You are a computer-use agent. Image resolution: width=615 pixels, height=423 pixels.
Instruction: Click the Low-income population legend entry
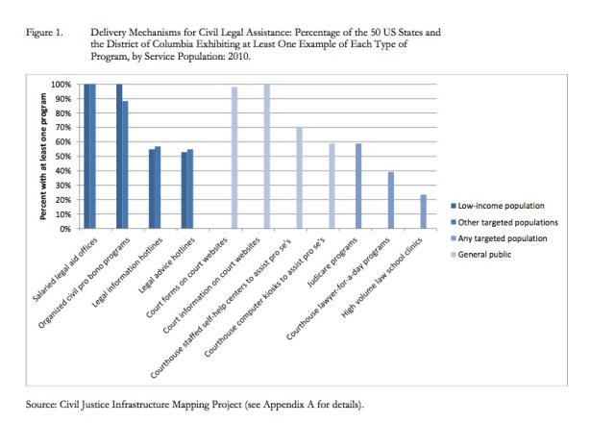click(499, 205)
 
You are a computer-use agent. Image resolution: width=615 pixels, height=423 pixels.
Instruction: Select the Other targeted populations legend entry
click(504, 221)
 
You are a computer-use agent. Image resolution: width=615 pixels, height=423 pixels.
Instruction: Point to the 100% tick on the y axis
click(63, 85)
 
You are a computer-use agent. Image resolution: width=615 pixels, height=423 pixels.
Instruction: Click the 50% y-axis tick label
click(65, 157)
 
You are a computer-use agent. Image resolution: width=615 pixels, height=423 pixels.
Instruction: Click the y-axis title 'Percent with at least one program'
click(44, 157)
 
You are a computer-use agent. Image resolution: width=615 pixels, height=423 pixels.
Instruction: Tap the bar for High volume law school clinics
click(422, 211)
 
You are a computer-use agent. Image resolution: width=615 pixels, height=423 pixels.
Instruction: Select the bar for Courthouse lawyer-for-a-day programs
click(390, 200)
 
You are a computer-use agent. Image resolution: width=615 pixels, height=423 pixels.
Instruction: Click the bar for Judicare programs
click(358, 186)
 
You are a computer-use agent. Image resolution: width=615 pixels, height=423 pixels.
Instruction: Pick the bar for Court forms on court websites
click(234, 158)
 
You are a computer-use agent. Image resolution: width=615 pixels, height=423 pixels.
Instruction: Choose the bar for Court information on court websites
click(266, 157)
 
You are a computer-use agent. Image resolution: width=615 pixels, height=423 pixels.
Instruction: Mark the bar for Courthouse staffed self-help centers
click(299, 178)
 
